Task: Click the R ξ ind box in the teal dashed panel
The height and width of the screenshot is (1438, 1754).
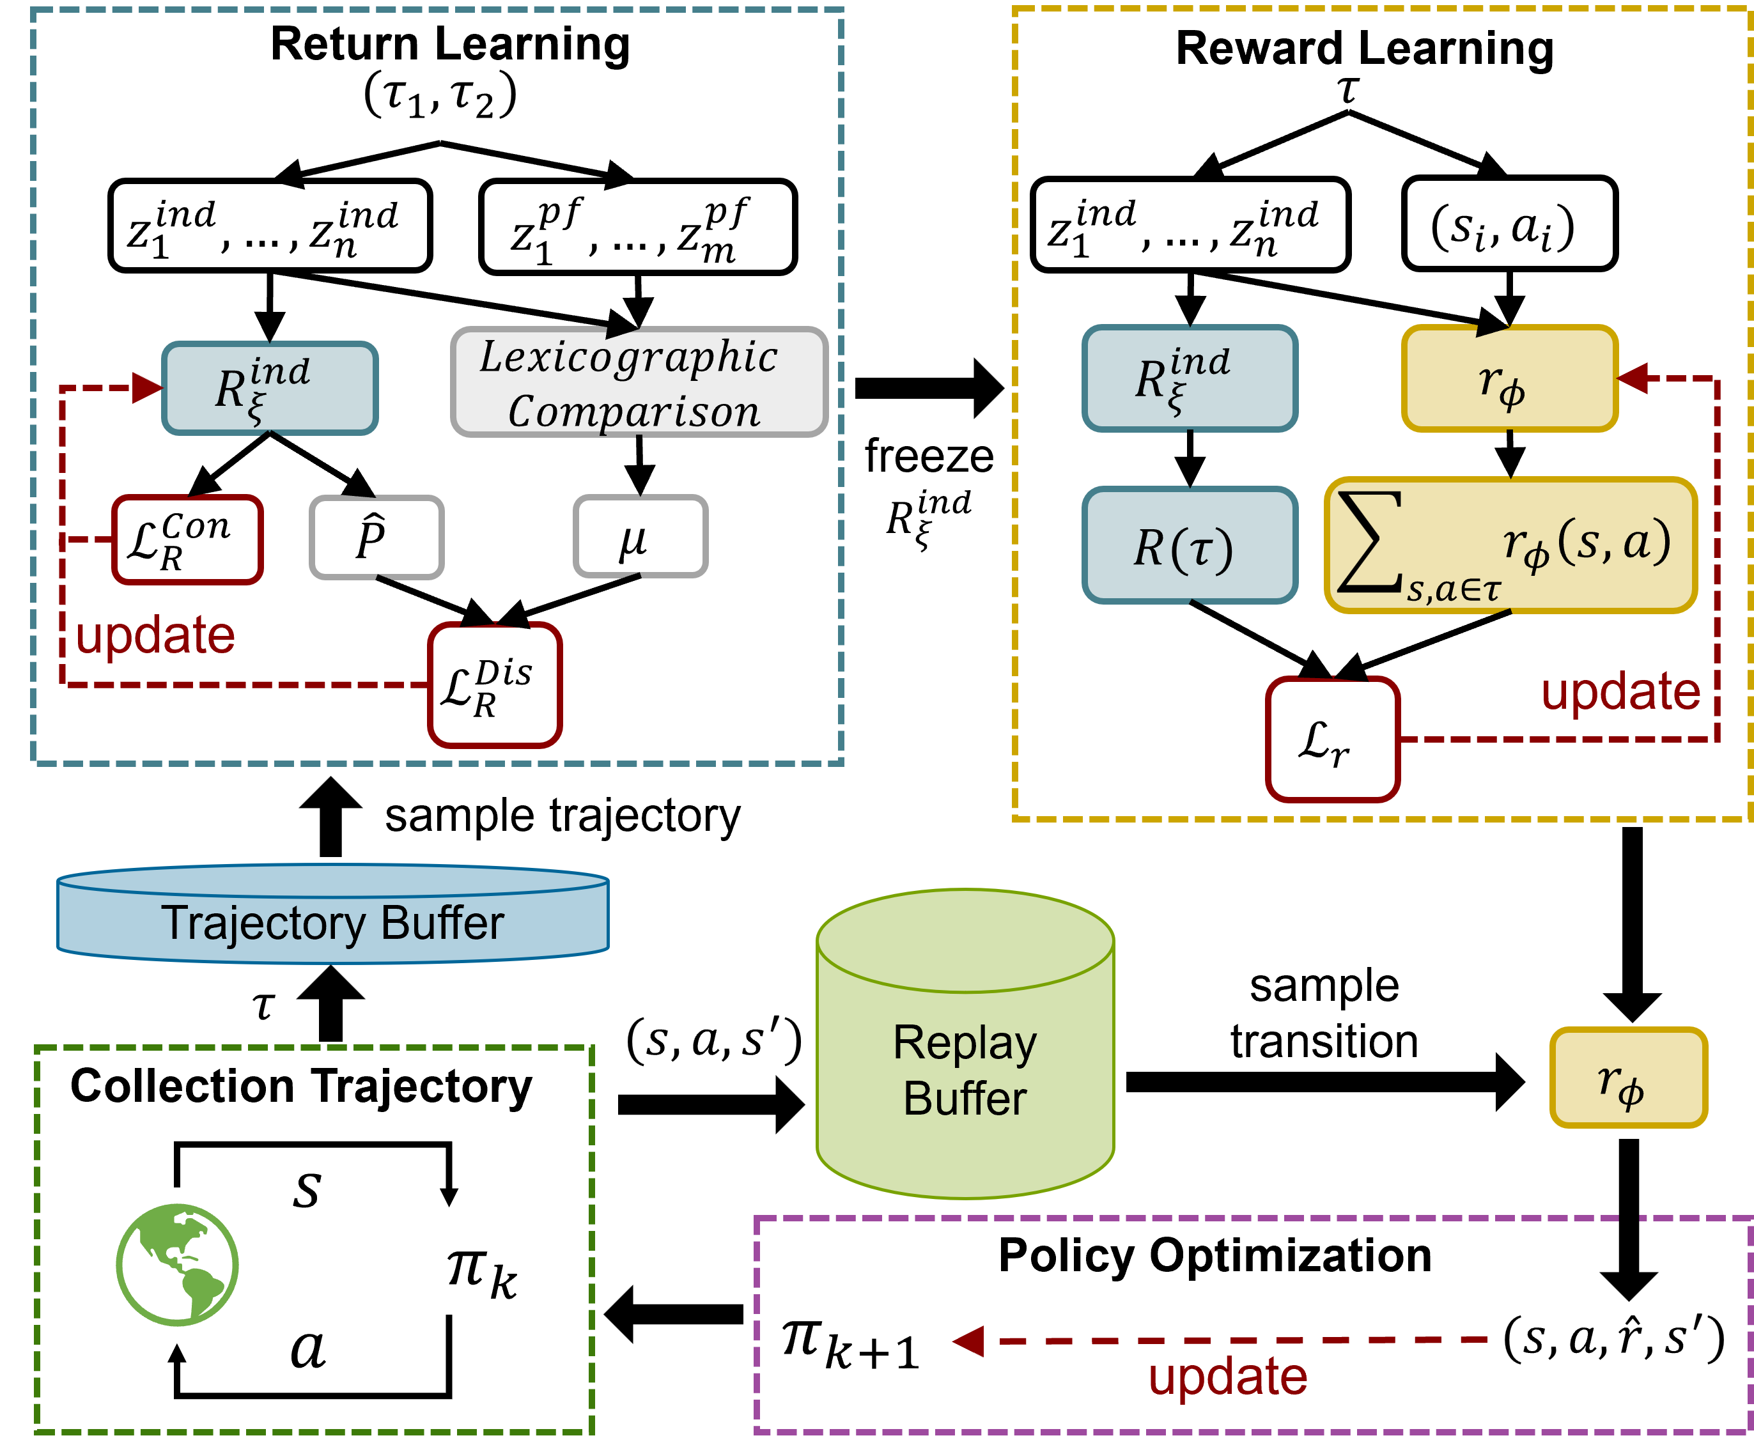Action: [x=269, y=388]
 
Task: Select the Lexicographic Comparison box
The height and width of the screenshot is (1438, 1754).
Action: [x=639, y=382]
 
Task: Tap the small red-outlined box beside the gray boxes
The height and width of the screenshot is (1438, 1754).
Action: [x=187, y=539]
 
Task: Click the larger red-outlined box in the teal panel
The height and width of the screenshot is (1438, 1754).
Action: [x=495, y=685]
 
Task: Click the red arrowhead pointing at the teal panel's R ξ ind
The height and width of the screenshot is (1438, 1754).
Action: [x=148, y=388]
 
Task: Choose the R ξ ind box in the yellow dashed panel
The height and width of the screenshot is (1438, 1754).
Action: [x=1189, y=378]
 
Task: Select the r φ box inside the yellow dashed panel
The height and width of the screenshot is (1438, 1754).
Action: [x=1509, y=378]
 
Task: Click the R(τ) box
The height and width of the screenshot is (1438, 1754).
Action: [x=1189, y=546]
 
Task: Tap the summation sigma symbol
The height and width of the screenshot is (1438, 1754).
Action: [x=1369, y=543]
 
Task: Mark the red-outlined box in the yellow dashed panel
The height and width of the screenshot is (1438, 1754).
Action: [x=1332, y=739]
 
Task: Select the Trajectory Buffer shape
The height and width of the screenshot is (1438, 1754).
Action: [x=332, y=915]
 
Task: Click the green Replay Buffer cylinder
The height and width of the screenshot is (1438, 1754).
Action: [x=965, y=1044]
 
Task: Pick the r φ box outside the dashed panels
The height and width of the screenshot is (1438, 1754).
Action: [x=1628, y=1078]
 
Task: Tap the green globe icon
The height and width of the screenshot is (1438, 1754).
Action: [x=177, y=1265]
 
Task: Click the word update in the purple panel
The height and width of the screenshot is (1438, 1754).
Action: [x=1227, y=1377]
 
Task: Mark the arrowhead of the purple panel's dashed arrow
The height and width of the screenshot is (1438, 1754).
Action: [x=970, y=1341]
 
